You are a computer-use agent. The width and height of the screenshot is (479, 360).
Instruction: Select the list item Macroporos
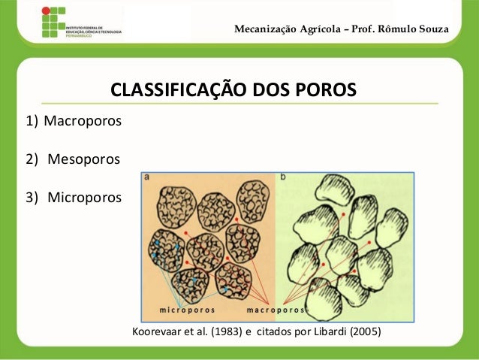[x=83, y=121]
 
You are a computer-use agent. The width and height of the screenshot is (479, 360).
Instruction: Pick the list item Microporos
[x=83, y=198]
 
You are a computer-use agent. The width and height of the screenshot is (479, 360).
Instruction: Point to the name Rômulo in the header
[x=401, y=29]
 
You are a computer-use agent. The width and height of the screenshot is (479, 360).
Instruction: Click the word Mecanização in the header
[x=267, y=29]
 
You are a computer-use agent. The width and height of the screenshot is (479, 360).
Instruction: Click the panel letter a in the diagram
[x=148, y=178]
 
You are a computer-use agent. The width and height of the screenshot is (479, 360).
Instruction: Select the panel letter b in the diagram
[x=283, y=178]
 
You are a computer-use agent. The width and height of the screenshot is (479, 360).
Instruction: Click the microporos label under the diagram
[x=187, y=309]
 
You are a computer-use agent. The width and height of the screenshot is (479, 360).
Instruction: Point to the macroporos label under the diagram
[x=276, y=309]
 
